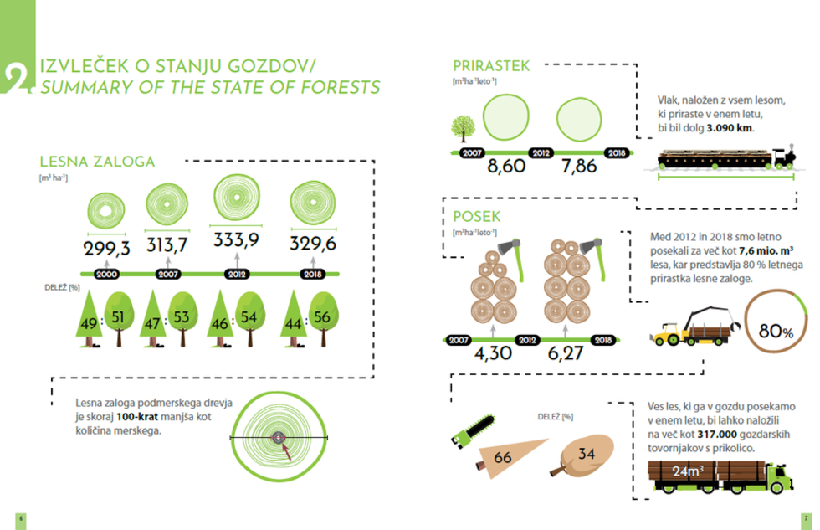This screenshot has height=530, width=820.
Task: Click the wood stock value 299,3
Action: click(107, 248)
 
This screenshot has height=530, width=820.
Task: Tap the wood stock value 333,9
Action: click(236, 240)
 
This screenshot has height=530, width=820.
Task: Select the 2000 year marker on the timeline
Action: click(107, 274)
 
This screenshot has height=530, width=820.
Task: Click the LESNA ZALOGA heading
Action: click(97, 162)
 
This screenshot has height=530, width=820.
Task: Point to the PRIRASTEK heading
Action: click(491, 66)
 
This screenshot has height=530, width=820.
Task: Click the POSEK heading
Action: click(476, 217)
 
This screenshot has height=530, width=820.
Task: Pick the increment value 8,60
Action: click(506, 167)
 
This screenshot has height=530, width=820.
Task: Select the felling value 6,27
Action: click(566, 353)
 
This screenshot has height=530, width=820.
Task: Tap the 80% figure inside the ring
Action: click(776, 331)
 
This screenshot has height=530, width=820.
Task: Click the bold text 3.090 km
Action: click(730, 127)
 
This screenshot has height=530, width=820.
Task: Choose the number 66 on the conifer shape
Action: click(502, 458)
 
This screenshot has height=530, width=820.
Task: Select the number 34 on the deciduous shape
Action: click(587, 454)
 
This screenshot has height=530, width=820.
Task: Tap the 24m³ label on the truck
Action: click(688, 471)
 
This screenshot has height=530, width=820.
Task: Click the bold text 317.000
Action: click(717, 435)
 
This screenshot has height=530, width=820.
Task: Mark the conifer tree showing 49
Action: click(89, 319)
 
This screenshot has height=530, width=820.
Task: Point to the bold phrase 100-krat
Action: click(137, 417)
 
